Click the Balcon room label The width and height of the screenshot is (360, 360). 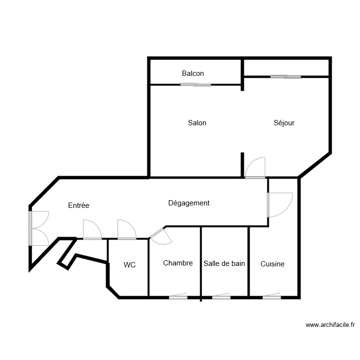pos(193,73)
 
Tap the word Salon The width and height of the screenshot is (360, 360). pos(197,123)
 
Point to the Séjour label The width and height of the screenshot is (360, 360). pos(284,123)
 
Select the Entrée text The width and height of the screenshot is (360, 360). pos(79,205)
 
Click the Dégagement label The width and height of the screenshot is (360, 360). pos(189,203)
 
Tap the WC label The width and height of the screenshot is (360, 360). pos(130,264)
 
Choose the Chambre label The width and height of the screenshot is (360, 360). pos(178,263)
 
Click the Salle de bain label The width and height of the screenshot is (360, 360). pos(224,264)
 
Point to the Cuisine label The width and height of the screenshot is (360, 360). pos(272,264)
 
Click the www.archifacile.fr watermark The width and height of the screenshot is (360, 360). pos(330,325)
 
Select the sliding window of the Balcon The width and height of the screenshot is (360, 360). pos(196,84)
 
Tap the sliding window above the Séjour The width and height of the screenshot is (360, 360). pos(286,77)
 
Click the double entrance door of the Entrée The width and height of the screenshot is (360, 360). pos(38,228)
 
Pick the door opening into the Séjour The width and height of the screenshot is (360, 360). pos(255,168)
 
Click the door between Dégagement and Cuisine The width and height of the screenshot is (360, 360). pos(280,205)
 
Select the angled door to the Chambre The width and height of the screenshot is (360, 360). pos(161,236)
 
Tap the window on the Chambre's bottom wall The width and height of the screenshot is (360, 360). pos(178,297)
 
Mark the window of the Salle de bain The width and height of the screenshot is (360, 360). pos(221,297)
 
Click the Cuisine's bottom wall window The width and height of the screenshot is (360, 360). pos(272,297)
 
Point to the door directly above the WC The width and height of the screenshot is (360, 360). pos(127,229)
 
